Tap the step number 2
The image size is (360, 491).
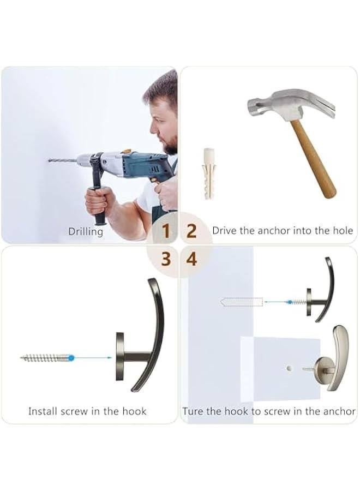[x=191, y=231]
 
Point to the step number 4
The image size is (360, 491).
[x=191, y=259]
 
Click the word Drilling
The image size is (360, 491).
[x=86, y=231]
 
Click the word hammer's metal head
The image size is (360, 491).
[x=284, y=106]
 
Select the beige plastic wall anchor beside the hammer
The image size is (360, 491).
[x=208, y=172]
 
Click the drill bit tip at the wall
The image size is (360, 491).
[x=50, y=160]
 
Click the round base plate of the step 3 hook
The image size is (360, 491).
[x=120, y=356]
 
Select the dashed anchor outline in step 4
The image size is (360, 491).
[x=242, y=301]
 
